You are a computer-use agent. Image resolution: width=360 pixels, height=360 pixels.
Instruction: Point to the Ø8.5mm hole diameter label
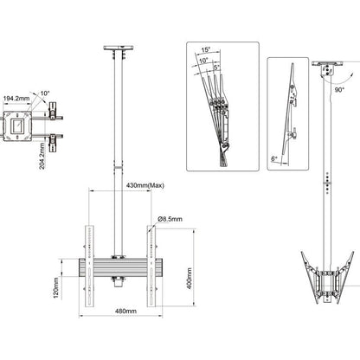pos(170,220)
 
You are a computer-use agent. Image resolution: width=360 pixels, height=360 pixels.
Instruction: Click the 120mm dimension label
pos(55,285)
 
